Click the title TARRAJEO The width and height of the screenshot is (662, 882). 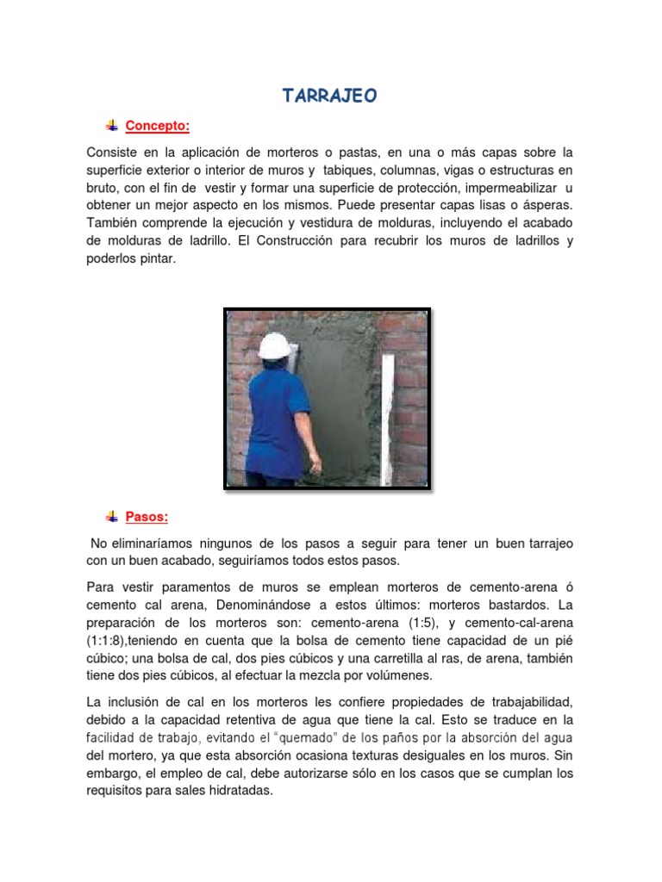[330, 96]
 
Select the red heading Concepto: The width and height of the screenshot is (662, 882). [157, 127]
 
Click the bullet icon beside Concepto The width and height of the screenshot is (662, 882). [112, 126]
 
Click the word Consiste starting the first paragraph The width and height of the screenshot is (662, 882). [112, 152]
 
